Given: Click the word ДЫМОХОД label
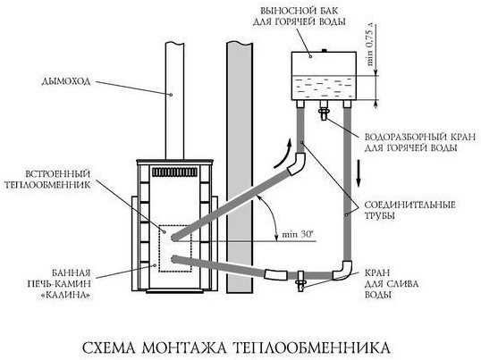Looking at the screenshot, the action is pyautogui.click(x=66, y=81).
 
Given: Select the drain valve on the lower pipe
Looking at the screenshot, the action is pyautogui.click(x=300, y=281).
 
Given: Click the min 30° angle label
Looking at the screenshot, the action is pyautogui.click(x=297, y=235).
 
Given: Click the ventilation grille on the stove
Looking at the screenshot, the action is pyautogui.click(x=175, y=172).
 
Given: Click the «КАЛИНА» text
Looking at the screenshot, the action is pyautogui.click(x=65, y=296).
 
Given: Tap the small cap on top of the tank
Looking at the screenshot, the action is pyautogui.click(x=324, y=50).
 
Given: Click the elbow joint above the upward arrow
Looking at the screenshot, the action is pyautogui.click(x=297, y=163).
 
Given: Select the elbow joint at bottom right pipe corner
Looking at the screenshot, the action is pyautogui.click(x=343, y=271).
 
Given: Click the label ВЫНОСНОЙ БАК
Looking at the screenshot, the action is pyautogui.click(x=300, y=11).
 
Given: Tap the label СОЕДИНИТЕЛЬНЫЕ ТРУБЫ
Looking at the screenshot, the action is pyautogui.click(x=409, y=210).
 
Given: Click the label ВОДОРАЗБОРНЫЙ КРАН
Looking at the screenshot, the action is pyautogui.click(x=420, y=137).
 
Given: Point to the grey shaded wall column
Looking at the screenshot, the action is pyautogui.click(x=240, y=168).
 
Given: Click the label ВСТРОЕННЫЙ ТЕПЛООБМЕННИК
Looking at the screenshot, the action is pyautogui.click(x=47, y=180).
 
